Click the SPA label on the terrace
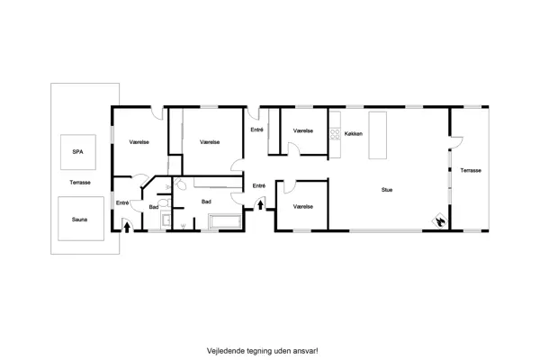point(77,152)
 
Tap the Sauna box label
point(78,217)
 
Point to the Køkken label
point(354,133)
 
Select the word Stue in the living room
point(387,190)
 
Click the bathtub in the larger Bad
point(225,222)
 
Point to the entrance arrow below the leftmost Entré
point(125,227)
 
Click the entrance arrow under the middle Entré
point(260,206)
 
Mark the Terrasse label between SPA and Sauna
point(79,184)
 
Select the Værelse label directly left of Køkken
point(302,131)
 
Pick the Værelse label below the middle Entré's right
point(302,206)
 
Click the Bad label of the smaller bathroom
point(154,207)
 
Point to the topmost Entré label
point(256,131)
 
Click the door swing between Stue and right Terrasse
point(454,144)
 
